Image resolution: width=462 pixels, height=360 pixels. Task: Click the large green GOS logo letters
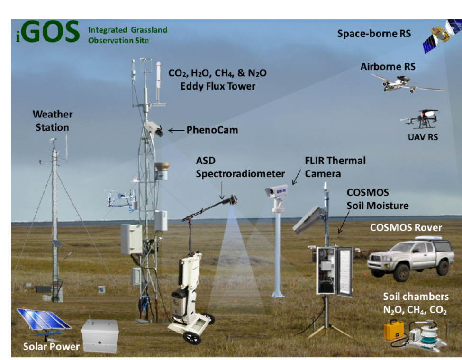tap(51, 32)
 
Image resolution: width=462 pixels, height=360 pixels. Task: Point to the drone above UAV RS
tap(420, 119)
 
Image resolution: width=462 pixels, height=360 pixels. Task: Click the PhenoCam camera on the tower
tap(153, 129)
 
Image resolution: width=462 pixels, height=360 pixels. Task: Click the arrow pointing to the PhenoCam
tap(176, 130)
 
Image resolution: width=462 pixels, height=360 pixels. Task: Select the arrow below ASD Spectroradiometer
tap(222, 190)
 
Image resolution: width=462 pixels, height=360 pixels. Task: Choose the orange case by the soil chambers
tap(394, 331)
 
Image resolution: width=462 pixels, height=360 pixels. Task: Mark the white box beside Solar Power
tap(100, 336)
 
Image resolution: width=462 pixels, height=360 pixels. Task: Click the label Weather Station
tap(53, 121)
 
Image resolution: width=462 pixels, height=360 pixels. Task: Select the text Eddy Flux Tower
tap(218, 86)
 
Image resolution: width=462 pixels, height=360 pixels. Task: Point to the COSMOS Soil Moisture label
tap(378, 199)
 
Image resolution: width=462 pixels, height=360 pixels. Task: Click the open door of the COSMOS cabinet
tap(344, 271)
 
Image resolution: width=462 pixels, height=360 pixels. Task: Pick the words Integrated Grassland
tap(128, 30)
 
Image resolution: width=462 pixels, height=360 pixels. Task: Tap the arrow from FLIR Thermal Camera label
tap(297, 177)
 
